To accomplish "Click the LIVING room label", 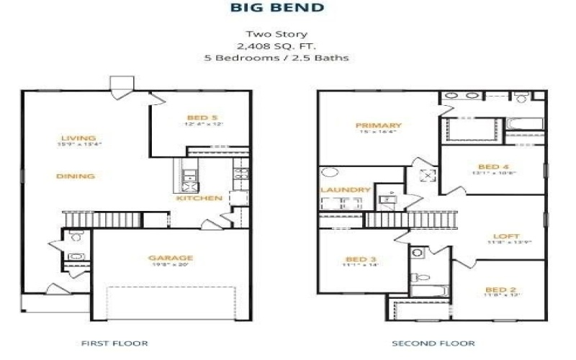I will (x=78, y=138).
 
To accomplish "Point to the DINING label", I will (x=76, y=176).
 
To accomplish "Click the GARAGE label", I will (x=171, y=257).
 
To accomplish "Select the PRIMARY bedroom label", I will (x=379, y=126).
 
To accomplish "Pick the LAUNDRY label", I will (x=345, y=190).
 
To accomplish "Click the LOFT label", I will (x=501, y=236).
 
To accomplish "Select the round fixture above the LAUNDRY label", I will (x=330, y=173).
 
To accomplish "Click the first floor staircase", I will (x=115, y=218).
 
